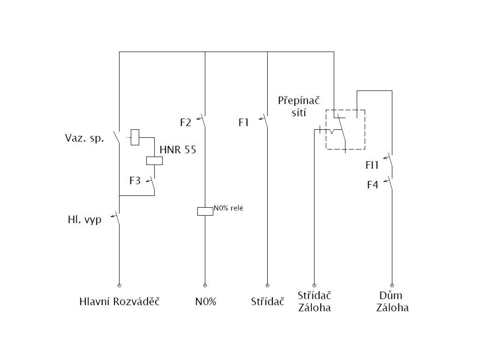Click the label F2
pos(186,123)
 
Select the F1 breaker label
pos(244,123)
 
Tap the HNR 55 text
pos(178,150)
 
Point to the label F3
pos(135,180)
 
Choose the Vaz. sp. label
pos(85,138)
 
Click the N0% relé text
pos(228,208)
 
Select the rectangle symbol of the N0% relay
pos(205,211)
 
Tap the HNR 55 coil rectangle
pos(154,160)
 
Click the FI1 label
pos(372,165)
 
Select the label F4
pos(372,185)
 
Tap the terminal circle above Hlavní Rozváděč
pos(119,285)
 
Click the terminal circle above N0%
pos(205,285)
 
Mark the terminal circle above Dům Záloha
pos(392,285)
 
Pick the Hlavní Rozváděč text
pos(120,302)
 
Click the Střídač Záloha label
pos(315,301)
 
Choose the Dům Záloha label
pos(392,301)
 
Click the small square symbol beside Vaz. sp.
pos(135,137)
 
